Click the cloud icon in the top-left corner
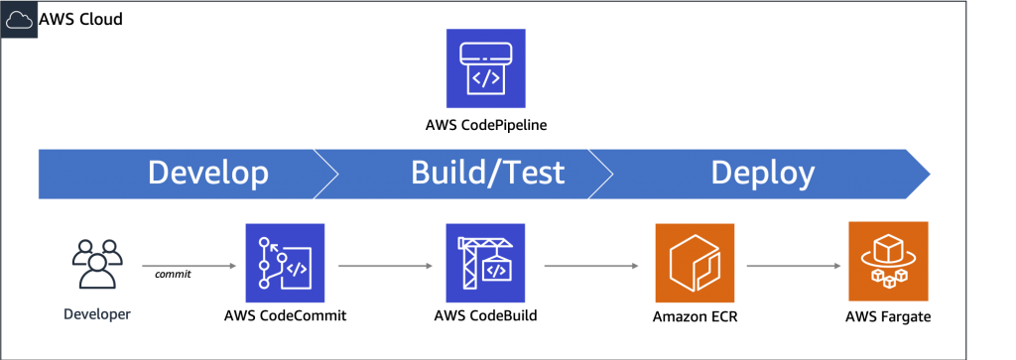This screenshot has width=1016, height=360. (19, 19)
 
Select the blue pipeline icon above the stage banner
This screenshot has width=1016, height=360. (484, 68)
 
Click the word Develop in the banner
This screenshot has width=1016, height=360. (208, 174)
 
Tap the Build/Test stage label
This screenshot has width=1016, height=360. (487, 174)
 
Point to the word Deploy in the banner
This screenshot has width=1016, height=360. (762, 174)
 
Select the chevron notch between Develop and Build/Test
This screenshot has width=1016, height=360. (327, 174)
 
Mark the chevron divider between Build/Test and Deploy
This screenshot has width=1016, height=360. (602, 174)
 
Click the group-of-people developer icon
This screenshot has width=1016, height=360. (96, 266)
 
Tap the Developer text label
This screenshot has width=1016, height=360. (96, 314)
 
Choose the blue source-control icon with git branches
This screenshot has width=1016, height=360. (286, 263)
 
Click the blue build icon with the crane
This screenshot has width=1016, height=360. (486, 263)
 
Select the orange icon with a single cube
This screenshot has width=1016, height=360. (695, 263)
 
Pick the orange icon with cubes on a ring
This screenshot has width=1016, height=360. (887, 262)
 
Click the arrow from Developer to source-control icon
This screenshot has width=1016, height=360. (189, 266)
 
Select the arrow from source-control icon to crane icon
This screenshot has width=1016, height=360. (386, 266)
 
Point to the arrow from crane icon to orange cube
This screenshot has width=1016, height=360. (590, 266)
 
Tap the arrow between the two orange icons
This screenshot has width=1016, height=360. (791, 266)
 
